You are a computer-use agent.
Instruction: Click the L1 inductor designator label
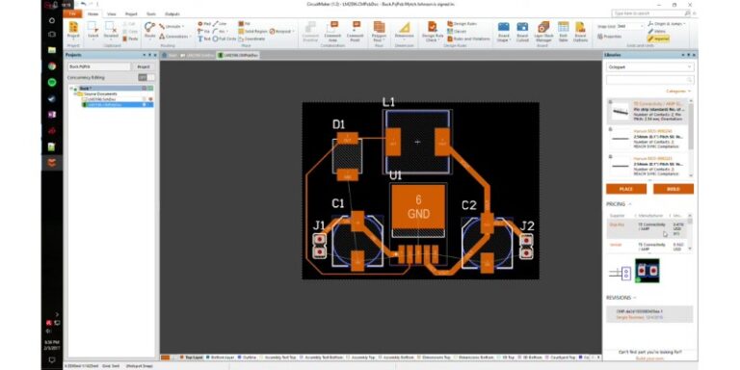(389, 101)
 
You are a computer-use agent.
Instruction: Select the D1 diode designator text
(338, 124)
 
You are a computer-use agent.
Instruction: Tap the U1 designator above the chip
(395, 176)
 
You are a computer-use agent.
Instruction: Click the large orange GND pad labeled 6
(418, 205)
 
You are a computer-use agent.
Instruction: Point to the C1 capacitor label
(338, 203)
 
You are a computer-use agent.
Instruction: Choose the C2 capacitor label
(469, 204)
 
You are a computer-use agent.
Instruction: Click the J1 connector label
(318, 226)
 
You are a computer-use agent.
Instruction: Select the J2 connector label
(527, 225)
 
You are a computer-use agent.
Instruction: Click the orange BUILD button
(673, 189)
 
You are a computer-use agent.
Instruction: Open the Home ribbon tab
(92, 14)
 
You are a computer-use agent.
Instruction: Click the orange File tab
(71, 14)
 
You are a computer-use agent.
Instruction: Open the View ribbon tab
(112, 14)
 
